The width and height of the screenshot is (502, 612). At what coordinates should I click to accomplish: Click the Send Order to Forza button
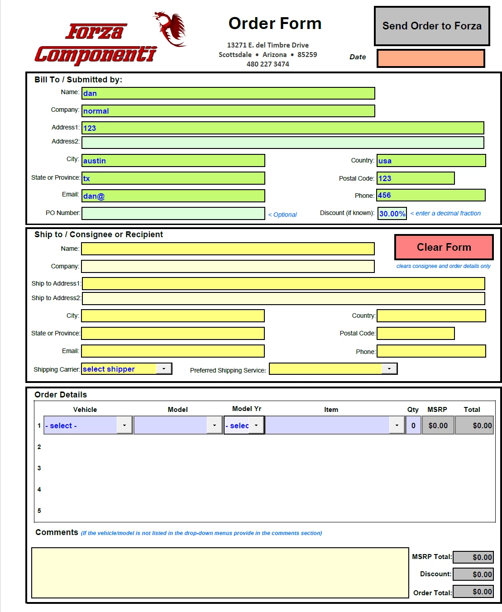pos(432,26)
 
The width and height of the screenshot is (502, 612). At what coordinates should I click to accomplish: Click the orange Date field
pos(430,58)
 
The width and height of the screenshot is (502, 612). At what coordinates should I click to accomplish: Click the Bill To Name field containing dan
pos(228,94)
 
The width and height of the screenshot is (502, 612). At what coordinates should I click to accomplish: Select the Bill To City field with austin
pos(173,161)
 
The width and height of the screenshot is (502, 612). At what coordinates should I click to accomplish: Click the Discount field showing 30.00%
pos(392,214)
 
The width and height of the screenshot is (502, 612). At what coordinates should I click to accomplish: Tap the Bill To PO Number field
pos(173,213)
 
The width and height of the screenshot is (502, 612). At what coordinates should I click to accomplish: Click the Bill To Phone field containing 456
pos(430,196)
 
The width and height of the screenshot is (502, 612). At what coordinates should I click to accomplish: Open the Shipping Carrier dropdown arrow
pos(164,369)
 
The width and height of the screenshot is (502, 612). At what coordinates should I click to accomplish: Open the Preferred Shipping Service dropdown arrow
pos(389,369)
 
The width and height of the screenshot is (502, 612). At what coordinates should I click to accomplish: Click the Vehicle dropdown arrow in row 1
pos(124,426)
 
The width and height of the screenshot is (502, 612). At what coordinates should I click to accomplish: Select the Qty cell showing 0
pos(413,426)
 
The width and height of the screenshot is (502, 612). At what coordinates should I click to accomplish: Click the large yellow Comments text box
pos(220,573)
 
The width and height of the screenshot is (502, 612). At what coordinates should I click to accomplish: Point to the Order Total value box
pos(473,592)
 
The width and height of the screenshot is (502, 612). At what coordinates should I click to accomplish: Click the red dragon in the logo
pos(171,29)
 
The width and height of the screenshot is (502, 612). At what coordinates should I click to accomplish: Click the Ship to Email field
pos(173,351)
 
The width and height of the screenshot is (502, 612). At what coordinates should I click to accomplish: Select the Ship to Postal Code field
pos(416,334)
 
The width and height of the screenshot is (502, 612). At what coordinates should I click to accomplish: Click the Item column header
pos(331,410)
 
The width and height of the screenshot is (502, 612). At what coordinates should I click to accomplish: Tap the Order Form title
pos(275,24)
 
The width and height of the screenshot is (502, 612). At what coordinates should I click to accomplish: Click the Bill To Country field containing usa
pos(431,161)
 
